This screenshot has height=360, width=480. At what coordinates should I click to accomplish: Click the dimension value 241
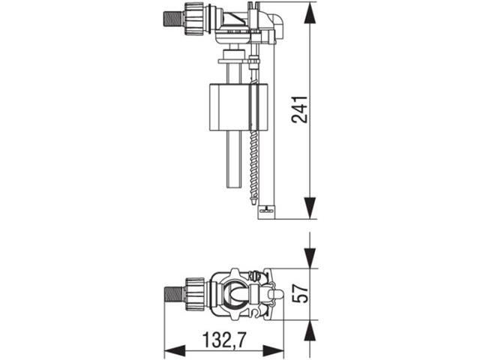(299, 109)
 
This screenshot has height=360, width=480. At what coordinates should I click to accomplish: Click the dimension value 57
(299, 293)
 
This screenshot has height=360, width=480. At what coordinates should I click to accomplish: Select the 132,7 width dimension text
(224, 340)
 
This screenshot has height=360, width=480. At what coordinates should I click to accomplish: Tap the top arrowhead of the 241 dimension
(310, 13)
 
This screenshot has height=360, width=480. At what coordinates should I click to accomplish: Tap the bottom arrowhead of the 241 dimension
(310, 208)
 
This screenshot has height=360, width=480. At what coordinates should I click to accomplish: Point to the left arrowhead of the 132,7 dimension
(175, 350)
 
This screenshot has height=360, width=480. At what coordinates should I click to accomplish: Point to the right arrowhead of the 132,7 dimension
(273, 350)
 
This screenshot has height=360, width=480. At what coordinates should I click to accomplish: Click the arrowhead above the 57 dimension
(310, 258)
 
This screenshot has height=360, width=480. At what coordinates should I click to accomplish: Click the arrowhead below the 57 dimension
(310, 331)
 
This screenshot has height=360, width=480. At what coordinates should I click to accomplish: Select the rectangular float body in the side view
(238, 107)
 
